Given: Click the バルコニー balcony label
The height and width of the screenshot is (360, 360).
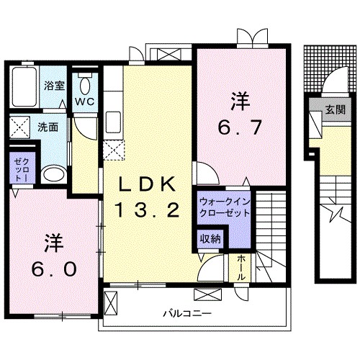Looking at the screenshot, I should (186, 313).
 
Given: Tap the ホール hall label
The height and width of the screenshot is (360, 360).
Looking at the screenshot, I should (240, 269).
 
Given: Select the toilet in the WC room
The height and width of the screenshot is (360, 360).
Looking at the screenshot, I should (86, 86).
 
